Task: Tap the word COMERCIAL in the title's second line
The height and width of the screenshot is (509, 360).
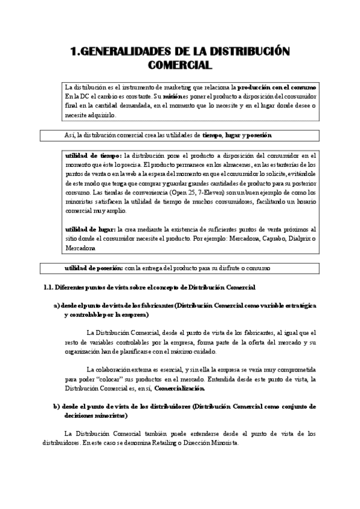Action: click(x=179, y=64)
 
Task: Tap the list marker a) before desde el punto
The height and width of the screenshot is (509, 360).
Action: click(x=57, y=306)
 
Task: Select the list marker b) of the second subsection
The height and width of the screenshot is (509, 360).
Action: click(x=57, y=406)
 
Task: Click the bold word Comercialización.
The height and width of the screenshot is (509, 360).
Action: click(x=178, y=389)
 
